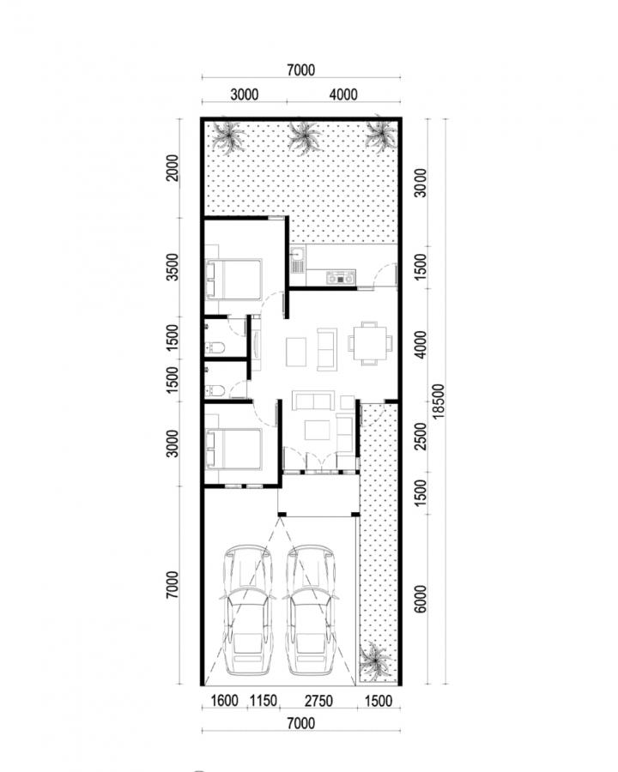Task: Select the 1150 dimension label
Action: pos(263,700)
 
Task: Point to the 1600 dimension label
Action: pos(224,700)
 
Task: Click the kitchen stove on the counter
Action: pos(338,277)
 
